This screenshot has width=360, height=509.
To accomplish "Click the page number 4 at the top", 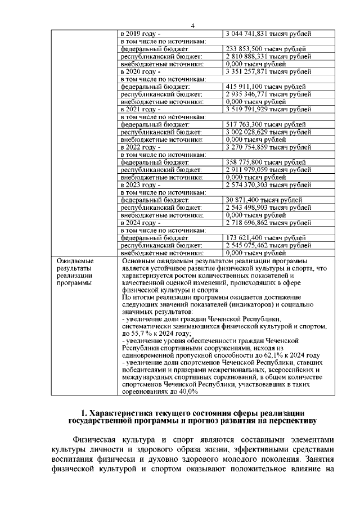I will pyautogui.click(x=192, y=26).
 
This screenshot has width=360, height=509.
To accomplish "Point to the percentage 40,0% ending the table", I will pyautogui.click(x=186, y=393).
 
